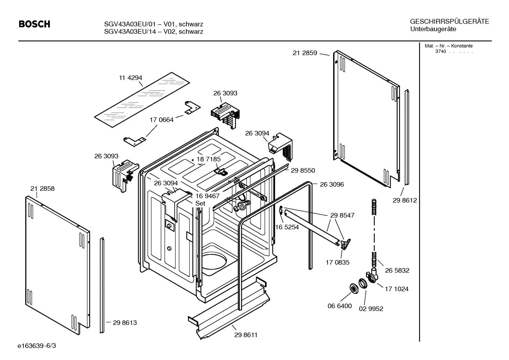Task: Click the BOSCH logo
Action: click(34, 24)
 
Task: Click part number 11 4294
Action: click(130, 78)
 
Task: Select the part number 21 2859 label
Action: click(305, 53)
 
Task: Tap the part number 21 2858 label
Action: click(42, 189)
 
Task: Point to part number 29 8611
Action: click(246, 335)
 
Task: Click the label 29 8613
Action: click(125, 323)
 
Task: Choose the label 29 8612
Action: click(405, 200)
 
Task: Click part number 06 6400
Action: click(340, 306)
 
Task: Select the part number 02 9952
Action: click(371, 309)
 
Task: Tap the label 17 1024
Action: click(396, 289)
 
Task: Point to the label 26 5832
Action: click(397, 271)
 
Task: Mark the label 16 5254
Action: click(287, 227)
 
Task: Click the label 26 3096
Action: click(332, 184)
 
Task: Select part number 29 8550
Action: click(303, 170)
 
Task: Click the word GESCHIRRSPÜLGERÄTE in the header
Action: click(449, 22)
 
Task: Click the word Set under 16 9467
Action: click(200, 203)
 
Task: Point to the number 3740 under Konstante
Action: click(441, 52)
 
